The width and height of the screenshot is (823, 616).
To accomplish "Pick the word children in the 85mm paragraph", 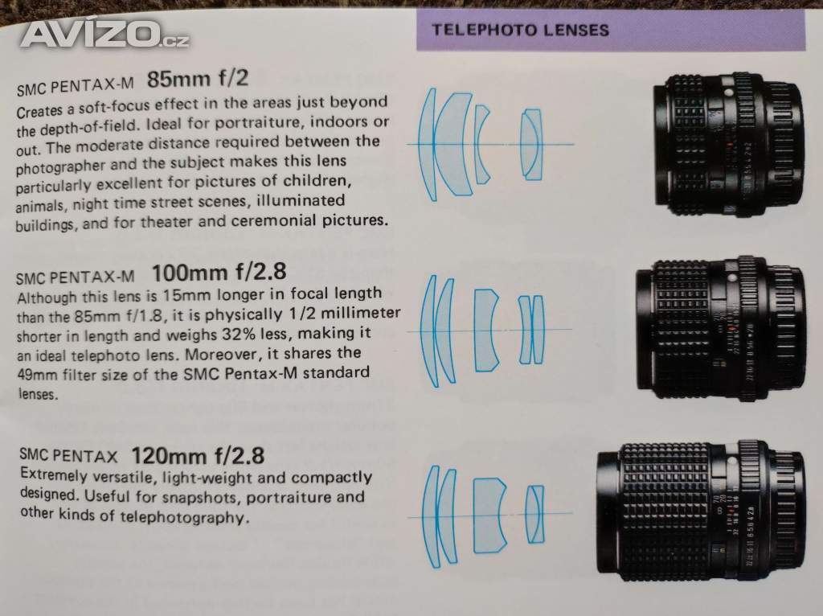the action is [317, 181].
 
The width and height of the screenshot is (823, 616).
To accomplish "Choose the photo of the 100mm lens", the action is [720, 329].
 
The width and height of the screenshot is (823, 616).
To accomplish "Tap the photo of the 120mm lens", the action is [701, 511].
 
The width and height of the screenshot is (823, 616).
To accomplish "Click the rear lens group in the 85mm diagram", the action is [530, 145].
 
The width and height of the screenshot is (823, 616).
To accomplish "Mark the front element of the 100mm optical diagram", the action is [430, 331].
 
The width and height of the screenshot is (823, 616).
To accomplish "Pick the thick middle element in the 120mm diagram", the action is [489, 515].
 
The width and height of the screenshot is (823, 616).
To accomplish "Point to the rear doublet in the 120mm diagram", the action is [534, 514].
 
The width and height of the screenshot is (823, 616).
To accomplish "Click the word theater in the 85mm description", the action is [167, 222].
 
